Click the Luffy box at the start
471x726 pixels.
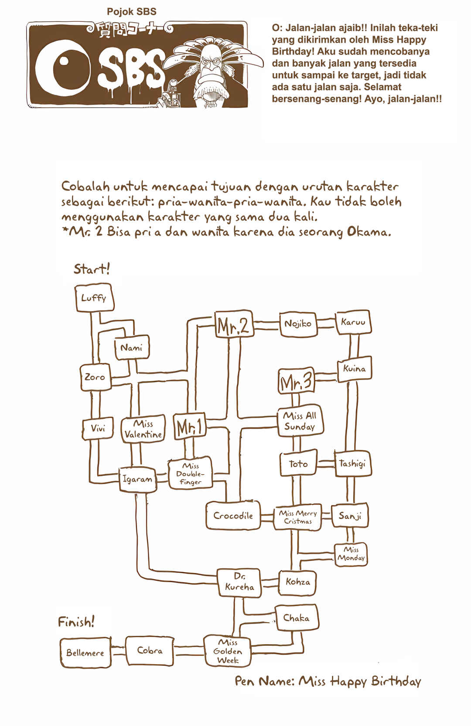click(x=94, y=298)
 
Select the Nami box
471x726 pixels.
click(x=132, y=348)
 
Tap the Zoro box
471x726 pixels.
click(x=95, y=377)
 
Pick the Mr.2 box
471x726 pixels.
click(x=234, y=324)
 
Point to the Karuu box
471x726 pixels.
click(x=353, y=322)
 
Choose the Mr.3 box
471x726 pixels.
click(x=297, y=381)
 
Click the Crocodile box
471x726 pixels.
click(x=233, y=516)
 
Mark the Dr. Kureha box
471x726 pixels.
click(x=239, y=583)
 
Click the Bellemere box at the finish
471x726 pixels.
click(x=85, y=653)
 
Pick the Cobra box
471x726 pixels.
click(x=150, y=651)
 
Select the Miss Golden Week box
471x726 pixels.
click(x=228, y=651)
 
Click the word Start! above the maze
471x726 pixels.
click(x=92, y=269)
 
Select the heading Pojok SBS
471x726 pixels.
click(x=132, y=12)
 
